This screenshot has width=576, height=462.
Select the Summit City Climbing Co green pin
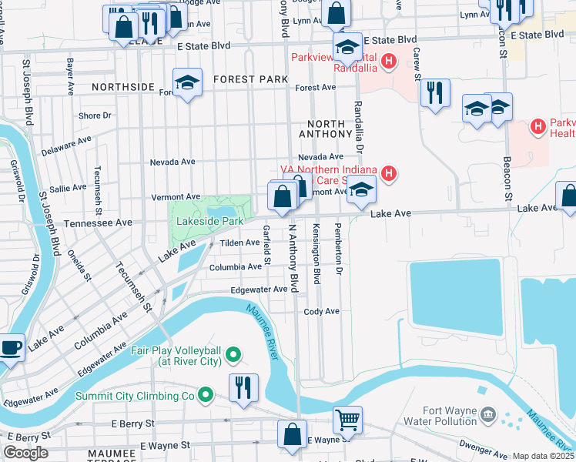(x=205, y=396)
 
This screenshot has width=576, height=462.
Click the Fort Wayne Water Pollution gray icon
(x=487, y=416)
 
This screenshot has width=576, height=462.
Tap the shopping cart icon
(x=348, y=420)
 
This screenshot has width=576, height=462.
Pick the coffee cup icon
(x=12, y=347)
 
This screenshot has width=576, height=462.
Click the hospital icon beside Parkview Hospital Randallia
(x=389, y=60)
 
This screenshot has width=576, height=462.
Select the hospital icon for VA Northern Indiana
(x=390, y=174)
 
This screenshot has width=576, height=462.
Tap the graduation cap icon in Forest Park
(x=186, y=82)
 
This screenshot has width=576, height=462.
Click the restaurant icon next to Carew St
(x=436, y=93)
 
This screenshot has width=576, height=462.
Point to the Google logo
(x=25, y=453)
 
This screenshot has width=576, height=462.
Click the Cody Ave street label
(x=321, y=311)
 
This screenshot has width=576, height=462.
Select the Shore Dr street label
(x=95, y=115)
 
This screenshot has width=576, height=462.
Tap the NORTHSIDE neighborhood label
(x=123, y=87)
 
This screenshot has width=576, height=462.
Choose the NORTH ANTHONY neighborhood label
(x=332, y=129)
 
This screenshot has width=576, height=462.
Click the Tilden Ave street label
(x=239, y=243)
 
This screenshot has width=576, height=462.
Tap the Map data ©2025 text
(x=543, y=456)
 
